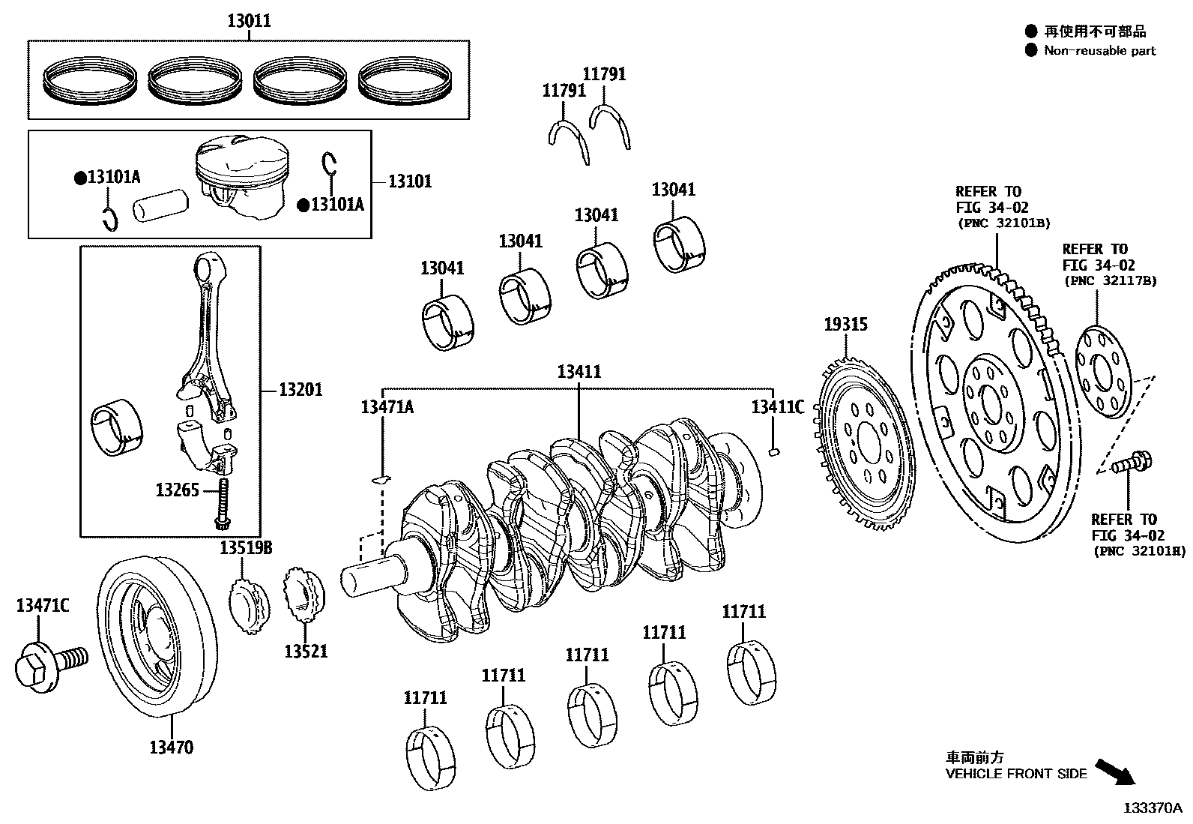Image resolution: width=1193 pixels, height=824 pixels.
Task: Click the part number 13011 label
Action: coord(249,21)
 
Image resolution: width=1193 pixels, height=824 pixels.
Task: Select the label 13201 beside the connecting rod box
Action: coord(300,389)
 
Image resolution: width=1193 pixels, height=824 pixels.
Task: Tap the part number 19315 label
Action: coord(845,324)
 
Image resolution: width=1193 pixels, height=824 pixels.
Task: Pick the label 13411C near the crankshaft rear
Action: coord(778,407)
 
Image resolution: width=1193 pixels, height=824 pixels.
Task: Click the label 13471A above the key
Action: coord(387,407)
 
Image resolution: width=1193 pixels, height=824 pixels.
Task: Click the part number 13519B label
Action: coord(246,548)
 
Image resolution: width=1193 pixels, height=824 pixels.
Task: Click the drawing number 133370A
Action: coord(1152,808)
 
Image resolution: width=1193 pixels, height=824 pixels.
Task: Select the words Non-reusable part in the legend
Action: coord(1099,51)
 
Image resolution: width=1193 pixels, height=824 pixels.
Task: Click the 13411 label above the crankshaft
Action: coord(579,371)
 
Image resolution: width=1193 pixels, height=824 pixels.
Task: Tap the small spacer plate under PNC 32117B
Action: coord(1103,373)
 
